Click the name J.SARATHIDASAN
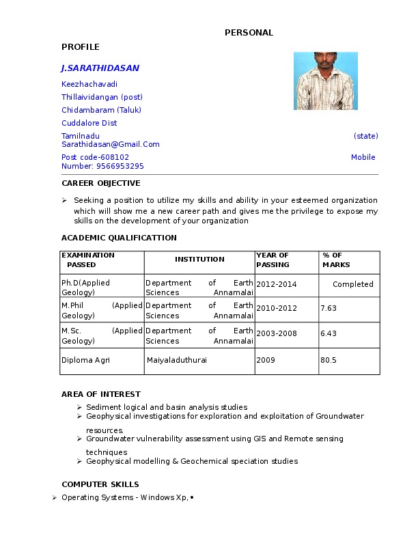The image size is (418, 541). (100, 68)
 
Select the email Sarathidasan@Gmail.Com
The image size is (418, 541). (111, 144)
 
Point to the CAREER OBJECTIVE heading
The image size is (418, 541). (101, 183)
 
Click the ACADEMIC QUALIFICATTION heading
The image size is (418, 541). (119, 238)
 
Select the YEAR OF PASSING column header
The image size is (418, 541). (273, 260)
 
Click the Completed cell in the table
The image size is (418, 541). (352, 284)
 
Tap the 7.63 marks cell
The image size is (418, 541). (329, 308)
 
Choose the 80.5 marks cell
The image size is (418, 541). (329, 359)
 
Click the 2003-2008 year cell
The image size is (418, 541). (277, 333)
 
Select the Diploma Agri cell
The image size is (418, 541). (85, 359)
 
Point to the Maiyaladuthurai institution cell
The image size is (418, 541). (176, 359)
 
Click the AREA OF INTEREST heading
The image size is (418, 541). (101, 394)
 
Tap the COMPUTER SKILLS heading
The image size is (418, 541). (100, 484)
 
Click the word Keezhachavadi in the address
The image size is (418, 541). (89, 84)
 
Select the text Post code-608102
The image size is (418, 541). (95, 157)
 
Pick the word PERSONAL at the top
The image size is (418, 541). (249, 33)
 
